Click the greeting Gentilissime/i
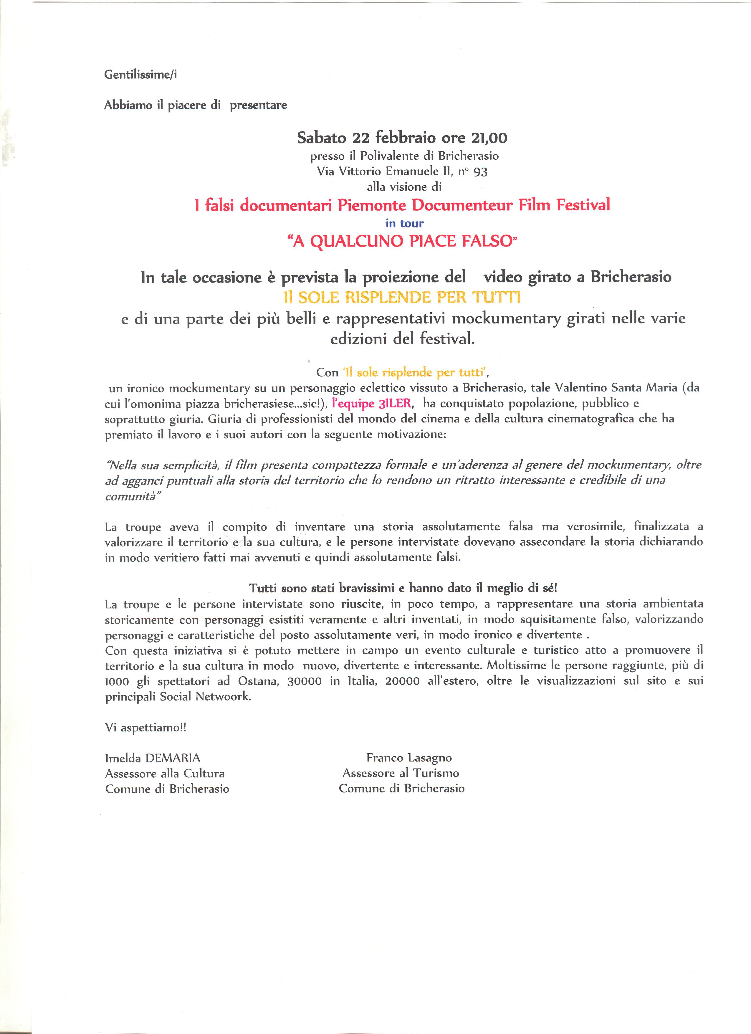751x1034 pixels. click(140, 75)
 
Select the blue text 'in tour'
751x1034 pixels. click(404, 223)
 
